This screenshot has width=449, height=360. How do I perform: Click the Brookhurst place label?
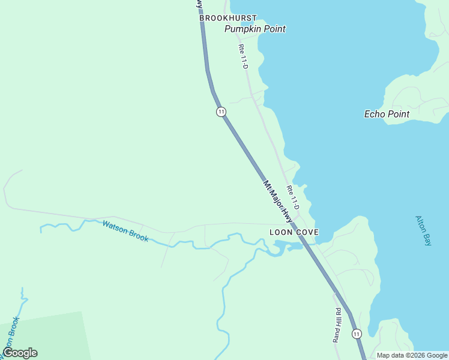228,18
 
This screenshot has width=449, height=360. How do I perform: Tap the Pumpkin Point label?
255,29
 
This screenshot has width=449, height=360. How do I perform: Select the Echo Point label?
387,114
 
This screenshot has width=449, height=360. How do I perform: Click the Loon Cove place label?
294,232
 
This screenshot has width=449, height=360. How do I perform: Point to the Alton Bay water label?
423,231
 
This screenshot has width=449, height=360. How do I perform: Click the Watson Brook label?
125,231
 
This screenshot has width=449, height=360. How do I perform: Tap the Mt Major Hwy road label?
281,201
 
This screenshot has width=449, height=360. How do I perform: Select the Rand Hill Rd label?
337,325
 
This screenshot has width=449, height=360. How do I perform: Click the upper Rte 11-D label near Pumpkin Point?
243,56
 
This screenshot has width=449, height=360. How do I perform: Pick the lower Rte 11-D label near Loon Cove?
293,197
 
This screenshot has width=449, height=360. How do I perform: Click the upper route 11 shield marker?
221,112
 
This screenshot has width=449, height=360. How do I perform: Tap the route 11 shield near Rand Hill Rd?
357,334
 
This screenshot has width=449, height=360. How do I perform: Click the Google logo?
20,353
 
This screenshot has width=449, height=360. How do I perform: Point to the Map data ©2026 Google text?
412,355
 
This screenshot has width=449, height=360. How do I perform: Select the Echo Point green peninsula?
414,96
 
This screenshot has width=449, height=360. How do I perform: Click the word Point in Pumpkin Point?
273,29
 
